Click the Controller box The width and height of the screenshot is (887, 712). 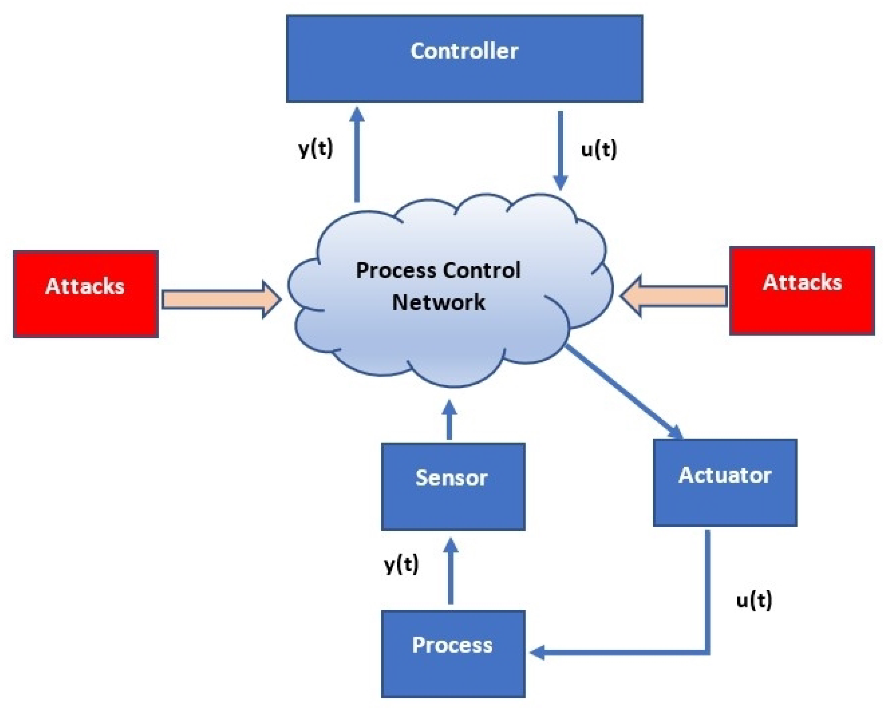click(x=464, y=58)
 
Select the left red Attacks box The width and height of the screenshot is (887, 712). click(x=86, y=294)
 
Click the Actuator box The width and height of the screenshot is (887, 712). click(x=724, y=482)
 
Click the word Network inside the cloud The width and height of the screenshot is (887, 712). click(x=438, y=302)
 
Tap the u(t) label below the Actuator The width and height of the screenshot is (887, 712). click(x=754, y=600)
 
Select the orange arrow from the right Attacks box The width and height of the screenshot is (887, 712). click(x=673, y=296)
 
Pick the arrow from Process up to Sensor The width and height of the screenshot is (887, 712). click(x=451, y=571)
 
